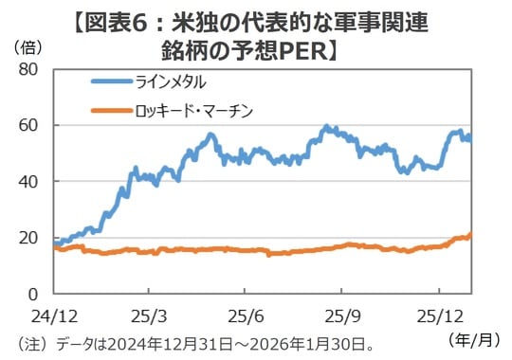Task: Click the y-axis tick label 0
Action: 32,293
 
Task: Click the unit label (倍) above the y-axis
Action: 26,46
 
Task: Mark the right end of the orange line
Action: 470,234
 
